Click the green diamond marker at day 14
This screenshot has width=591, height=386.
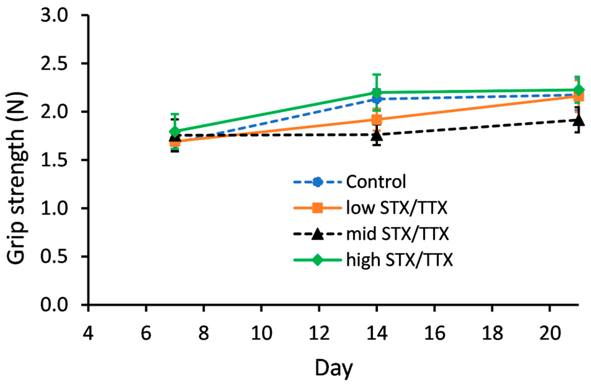(x=377, y=92)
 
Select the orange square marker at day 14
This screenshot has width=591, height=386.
(x=377, y=119)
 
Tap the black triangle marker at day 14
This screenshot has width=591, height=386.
(x=377, y=135)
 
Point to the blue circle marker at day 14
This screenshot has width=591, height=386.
(x=377, y=99)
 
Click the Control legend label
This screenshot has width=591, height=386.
(x=376, y=182)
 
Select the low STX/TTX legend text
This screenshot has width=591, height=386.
(x=396, y=208)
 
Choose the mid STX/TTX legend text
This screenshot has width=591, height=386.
(x=397, y=234)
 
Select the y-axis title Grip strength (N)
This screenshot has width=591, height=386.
(x=17, y=160)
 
